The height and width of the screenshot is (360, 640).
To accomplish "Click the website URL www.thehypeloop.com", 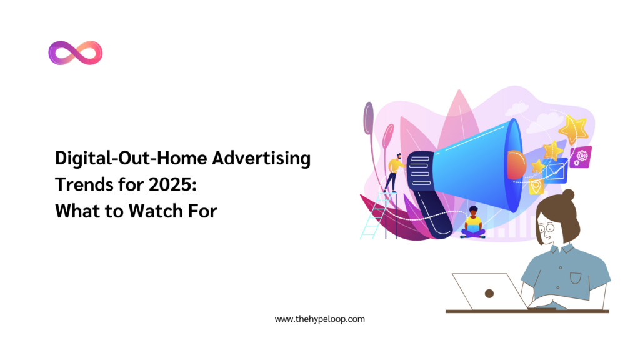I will pos(319,319).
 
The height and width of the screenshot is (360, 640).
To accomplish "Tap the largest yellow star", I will pos(572,129).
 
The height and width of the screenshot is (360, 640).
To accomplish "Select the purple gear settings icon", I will pos(581,156).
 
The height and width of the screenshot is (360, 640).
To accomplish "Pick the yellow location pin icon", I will pos(536,186).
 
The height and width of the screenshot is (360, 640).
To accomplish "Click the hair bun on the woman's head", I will pos(568,195).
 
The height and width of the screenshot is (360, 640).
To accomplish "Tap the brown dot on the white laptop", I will pos(489,292).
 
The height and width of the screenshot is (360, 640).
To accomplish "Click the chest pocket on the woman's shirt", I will pos(576,277).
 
